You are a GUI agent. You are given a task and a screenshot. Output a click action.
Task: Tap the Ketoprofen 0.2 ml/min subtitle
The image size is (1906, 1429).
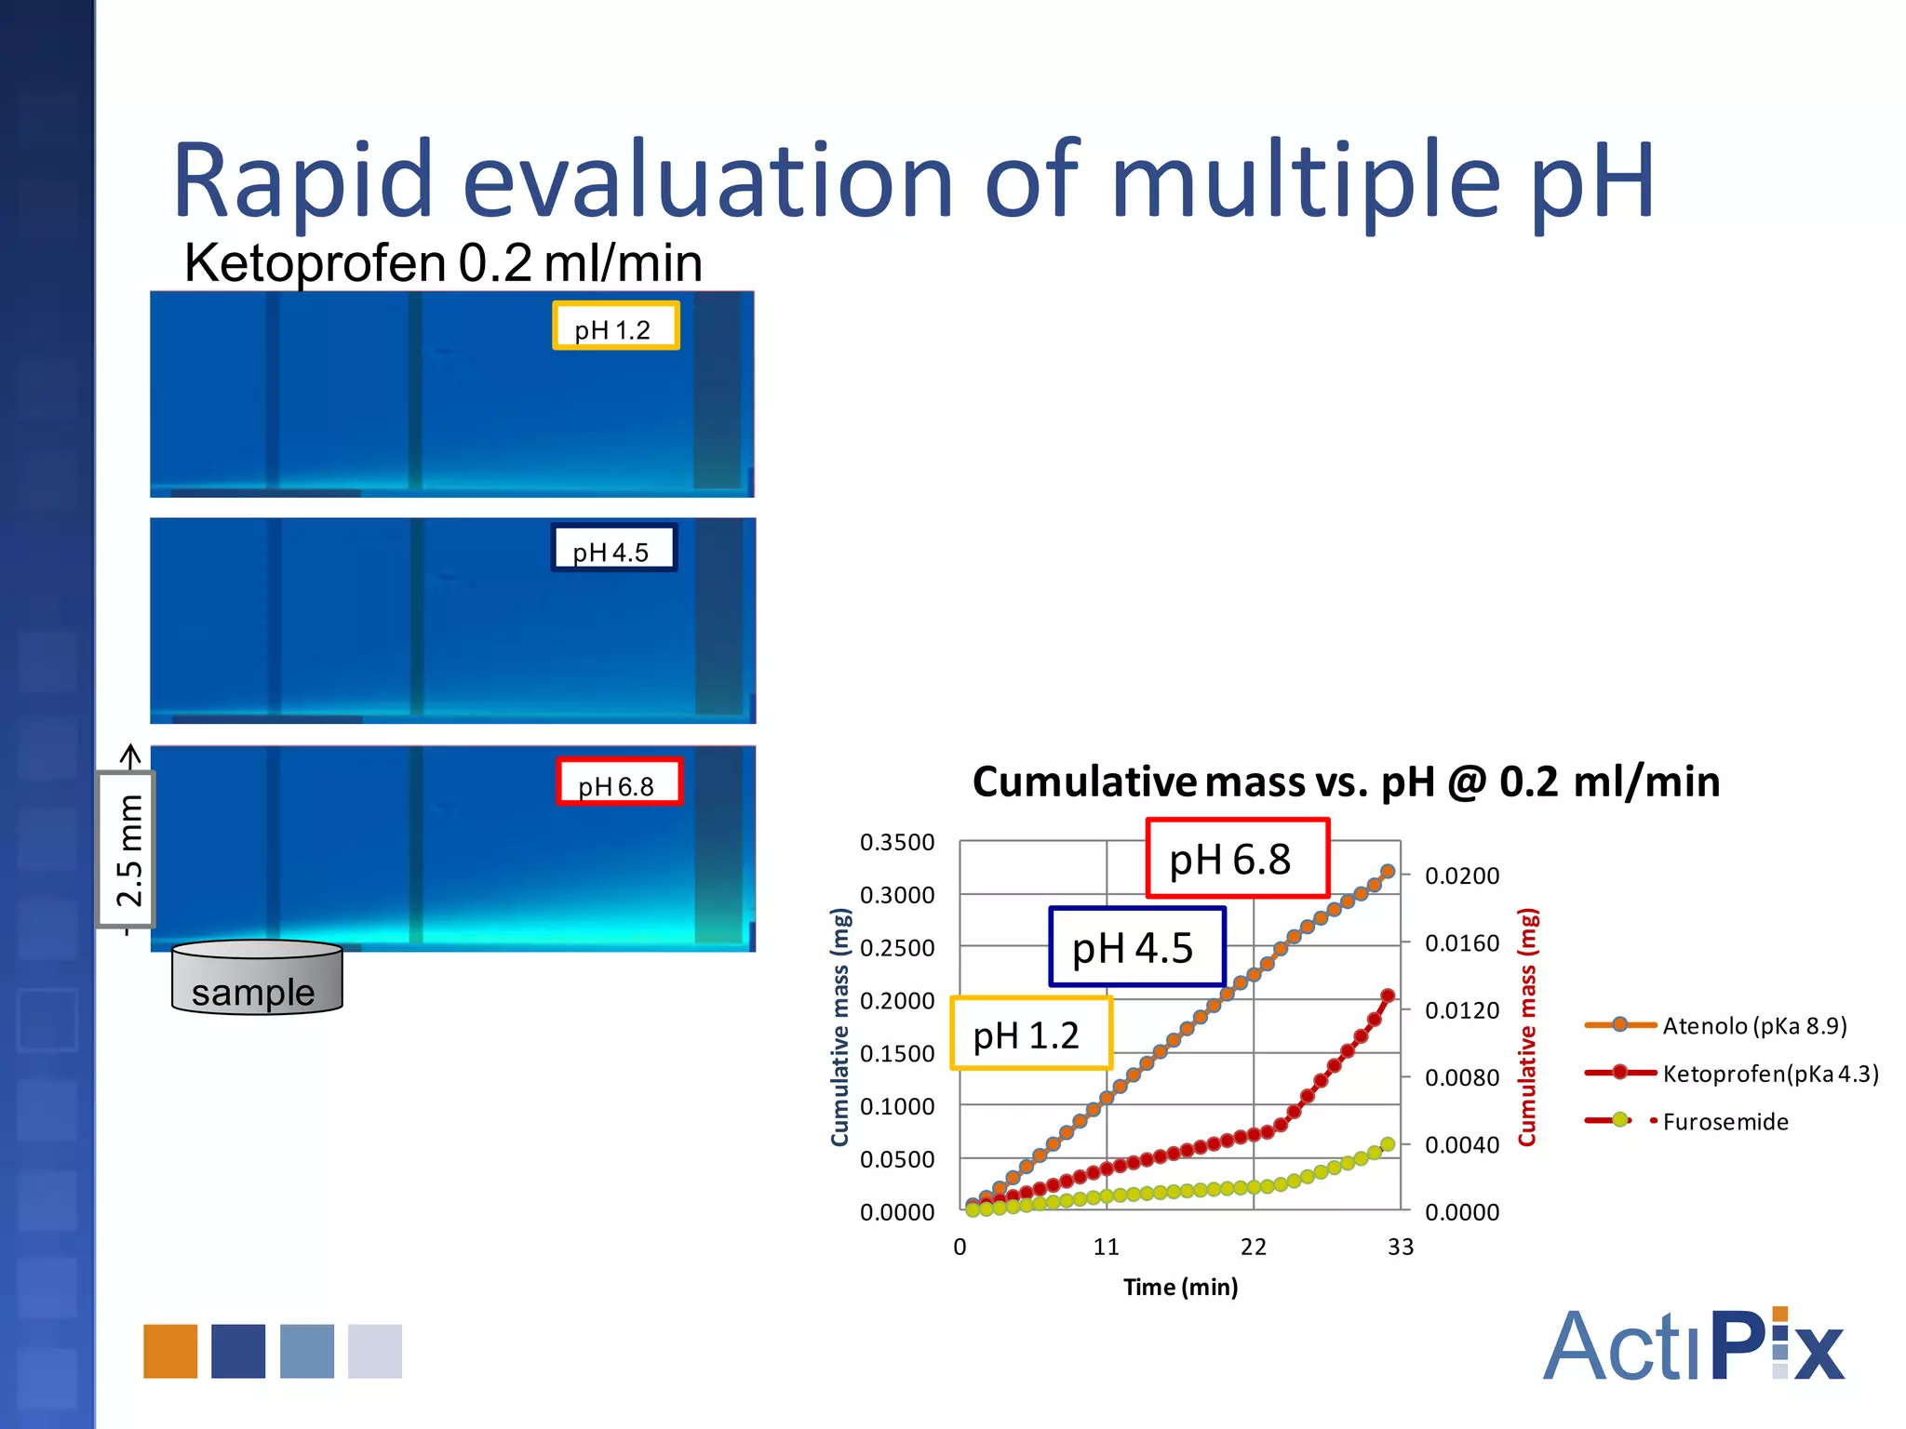tap(443, 263)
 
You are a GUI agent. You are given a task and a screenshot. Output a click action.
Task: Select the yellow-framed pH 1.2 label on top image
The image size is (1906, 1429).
tap(615, 327)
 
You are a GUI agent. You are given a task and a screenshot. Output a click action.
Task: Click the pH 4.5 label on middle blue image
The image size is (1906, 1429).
tap(613, 549)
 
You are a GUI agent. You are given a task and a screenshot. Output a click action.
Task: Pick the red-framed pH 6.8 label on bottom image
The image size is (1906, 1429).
tap(619, 783)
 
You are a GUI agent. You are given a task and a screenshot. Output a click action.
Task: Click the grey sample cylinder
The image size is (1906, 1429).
tap(257, 978)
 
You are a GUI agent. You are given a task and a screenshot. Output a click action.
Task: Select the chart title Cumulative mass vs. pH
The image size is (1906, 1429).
tap(1345, 781)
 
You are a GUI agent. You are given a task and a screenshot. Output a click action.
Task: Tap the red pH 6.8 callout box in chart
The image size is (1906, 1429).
tap(1236, 859)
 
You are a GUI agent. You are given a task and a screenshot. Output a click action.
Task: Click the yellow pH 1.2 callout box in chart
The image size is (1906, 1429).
tap(1030, 1034)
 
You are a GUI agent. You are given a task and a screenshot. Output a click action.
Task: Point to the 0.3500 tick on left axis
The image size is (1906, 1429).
tap(897, 843)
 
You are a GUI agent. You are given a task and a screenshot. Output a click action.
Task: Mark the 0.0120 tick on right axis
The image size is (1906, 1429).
tap(1461, 1010)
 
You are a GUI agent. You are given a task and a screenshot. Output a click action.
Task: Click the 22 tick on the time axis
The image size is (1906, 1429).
tap(1253, 1248)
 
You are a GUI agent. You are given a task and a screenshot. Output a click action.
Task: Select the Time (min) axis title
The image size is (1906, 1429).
tap(1180, 1288)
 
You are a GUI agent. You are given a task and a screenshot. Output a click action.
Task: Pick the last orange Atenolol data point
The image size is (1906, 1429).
tap(1387, 872)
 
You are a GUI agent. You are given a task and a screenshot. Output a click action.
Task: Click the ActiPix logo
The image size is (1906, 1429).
tap(1693, 1345)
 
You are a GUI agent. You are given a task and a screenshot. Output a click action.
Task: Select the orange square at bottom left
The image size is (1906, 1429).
tap(170, 1351)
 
